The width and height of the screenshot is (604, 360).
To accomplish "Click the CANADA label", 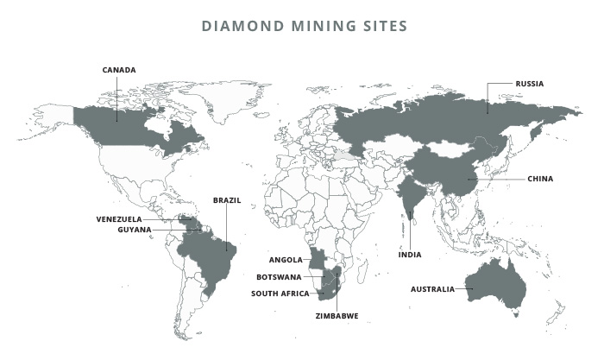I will pyautogui.click(x=119, y=70).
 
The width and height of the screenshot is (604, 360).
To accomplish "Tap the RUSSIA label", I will pyautogui.click(x=530, y=84).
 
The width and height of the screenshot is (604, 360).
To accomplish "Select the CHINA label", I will pyautogui.click(x=540, y=179).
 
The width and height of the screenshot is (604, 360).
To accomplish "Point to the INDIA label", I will pyautogui.click(x=409, y=256).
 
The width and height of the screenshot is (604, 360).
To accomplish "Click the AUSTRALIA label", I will pyautogui.click(x=432, y=289).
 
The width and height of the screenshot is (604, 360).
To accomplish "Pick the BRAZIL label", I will pyautogui.click(x=227, y=200).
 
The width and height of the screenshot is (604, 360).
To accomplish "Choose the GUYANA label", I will pyautogui.click(x=135, y=230).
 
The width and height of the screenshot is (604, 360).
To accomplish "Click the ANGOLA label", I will pyautogui.click(x=286, y=260).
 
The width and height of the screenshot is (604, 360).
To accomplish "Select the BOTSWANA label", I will pyautogui.click(x=279, y=277).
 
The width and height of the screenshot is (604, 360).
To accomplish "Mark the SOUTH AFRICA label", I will pyautogui.click(x=280, y=294).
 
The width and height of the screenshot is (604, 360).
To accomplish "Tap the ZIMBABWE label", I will pyautogui.click(x=337, y=316).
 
